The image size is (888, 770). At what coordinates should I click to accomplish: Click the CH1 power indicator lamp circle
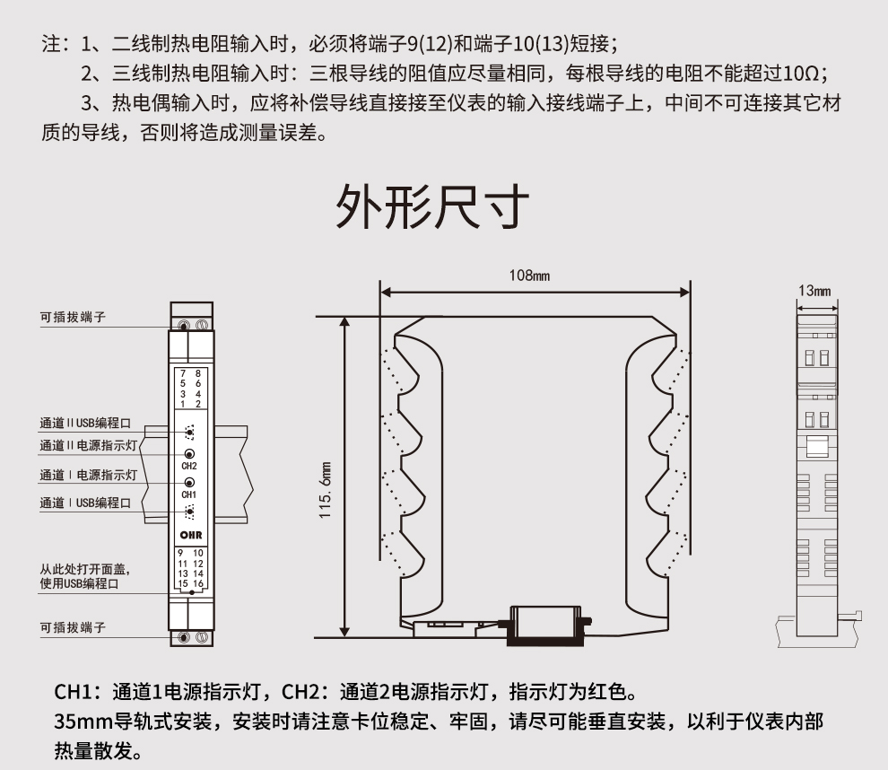click(x=189, y=483)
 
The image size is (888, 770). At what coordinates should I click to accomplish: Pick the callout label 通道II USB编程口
click(x=86, y=422)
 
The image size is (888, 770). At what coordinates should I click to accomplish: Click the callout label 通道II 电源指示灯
click(x=88, y=445)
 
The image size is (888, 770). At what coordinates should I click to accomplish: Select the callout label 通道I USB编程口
click(x=85, y=503)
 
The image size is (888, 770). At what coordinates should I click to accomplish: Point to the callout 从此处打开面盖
click(x=84, y=569)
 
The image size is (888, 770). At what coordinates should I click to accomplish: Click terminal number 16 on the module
click(x=198, y=584)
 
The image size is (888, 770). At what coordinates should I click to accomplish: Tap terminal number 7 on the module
click(x=183, y=372)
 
